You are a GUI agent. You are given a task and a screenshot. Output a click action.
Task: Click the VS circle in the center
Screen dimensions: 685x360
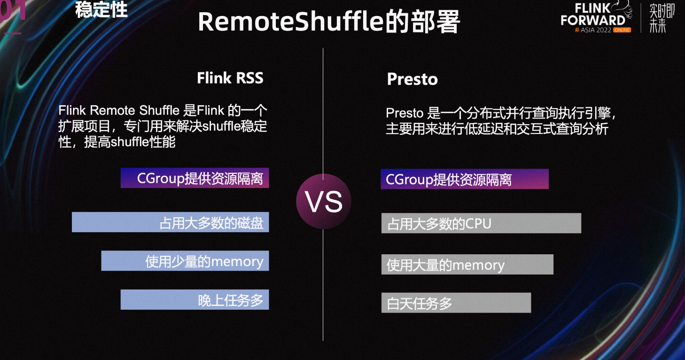pos(324,201)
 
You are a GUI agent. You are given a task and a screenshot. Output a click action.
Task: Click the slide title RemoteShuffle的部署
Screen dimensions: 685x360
pos(329,22)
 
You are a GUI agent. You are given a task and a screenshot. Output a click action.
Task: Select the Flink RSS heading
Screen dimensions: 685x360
pos(230,78)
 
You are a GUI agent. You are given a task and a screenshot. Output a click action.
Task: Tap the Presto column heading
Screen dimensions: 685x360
pos(412,79)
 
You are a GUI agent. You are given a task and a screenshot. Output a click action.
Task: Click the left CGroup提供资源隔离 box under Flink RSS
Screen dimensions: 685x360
pos(195,178)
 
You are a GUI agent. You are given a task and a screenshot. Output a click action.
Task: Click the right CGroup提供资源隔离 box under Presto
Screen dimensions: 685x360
pos(465,179)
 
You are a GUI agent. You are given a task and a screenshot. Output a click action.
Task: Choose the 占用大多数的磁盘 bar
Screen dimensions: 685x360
pos(171,222)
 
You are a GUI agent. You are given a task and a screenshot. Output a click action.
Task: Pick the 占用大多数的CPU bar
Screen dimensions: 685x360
pos(481,223)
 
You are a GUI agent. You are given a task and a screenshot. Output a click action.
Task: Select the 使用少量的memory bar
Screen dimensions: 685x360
pos(185,261)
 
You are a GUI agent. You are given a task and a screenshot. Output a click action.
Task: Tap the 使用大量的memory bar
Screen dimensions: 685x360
pos(467,264)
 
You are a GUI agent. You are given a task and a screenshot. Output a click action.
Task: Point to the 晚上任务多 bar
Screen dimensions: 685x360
pos(195,300)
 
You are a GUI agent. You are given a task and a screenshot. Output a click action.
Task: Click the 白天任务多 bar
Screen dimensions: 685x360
pos(456,303)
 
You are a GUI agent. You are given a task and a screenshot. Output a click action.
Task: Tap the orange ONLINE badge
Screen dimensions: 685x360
pos(622,30)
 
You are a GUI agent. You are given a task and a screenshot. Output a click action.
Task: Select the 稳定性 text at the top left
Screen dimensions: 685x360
pos(101,9)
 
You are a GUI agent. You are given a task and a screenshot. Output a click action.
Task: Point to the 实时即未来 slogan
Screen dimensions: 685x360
pos(662,18)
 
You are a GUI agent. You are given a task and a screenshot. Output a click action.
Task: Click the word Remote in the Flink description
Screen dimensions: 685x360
pos(113,110)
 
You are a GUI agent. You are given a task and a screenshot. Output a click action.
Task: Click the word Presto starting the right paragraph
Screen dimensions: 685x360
pos(405,113)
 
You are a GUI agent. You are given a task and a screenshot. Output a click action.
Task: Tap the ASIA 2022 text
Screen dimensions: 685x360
pos(596,30)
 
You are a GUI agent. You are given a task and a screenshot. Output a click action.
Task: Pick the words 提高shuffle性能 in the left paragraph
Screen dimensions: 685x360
pos(130,142)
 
